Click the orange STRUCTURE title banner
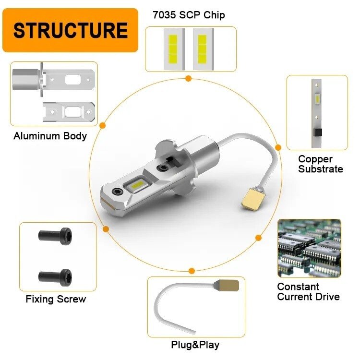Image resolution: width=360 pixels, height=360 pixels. click(70, 30)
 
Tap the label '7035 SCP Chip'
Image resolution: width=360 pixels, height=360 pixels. click(189, 15)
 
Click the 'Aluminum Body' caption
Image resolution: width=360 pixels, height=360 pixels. click(50, 136)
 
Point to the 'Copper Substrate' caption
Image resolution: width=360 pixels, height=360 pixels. click(320, 164)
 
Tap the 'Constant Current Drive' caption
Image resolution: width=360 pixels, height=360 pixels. click(308, 292)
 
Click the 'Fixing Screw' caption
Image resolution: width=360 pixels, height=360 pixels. click(56, 300)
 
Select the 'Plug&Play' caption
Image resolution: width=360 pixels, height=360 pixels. click(195, 345)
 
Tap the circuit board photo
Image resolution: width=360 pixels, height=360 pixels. click(309, 248)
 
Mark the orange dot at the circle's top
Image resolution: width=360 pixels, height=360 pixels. click(188, 78)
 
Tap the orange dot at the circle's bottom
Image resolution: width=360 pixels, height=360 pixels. click(192, 271)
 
